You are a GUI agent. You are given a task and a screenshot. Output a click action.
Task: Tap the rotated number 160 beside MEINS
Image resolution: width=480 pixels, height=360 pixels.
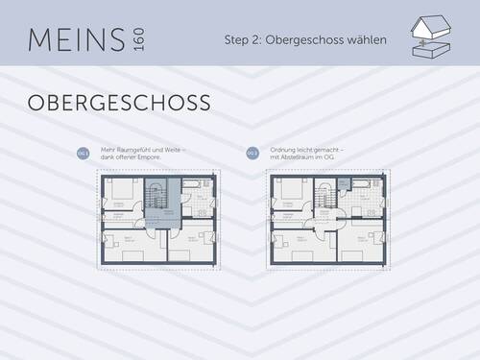tap(140, 41)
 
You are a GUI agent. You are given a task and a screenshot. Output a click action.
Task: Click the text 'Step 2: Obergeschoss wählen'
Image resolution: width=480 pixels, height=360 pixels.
tap(305, 41)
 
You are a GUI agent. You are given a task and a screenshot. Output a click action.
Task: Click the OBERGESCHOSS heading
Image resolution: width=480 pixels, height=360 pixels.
tap(119, 102)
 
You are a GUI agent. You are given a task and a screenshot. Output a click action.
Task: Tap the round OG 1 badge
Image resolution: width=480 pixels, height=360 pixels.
tap(83, 153)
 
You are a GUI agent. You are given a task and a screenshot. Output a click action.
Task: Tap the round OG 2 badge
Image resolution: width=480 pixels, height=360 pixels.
tap(252, 153)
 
